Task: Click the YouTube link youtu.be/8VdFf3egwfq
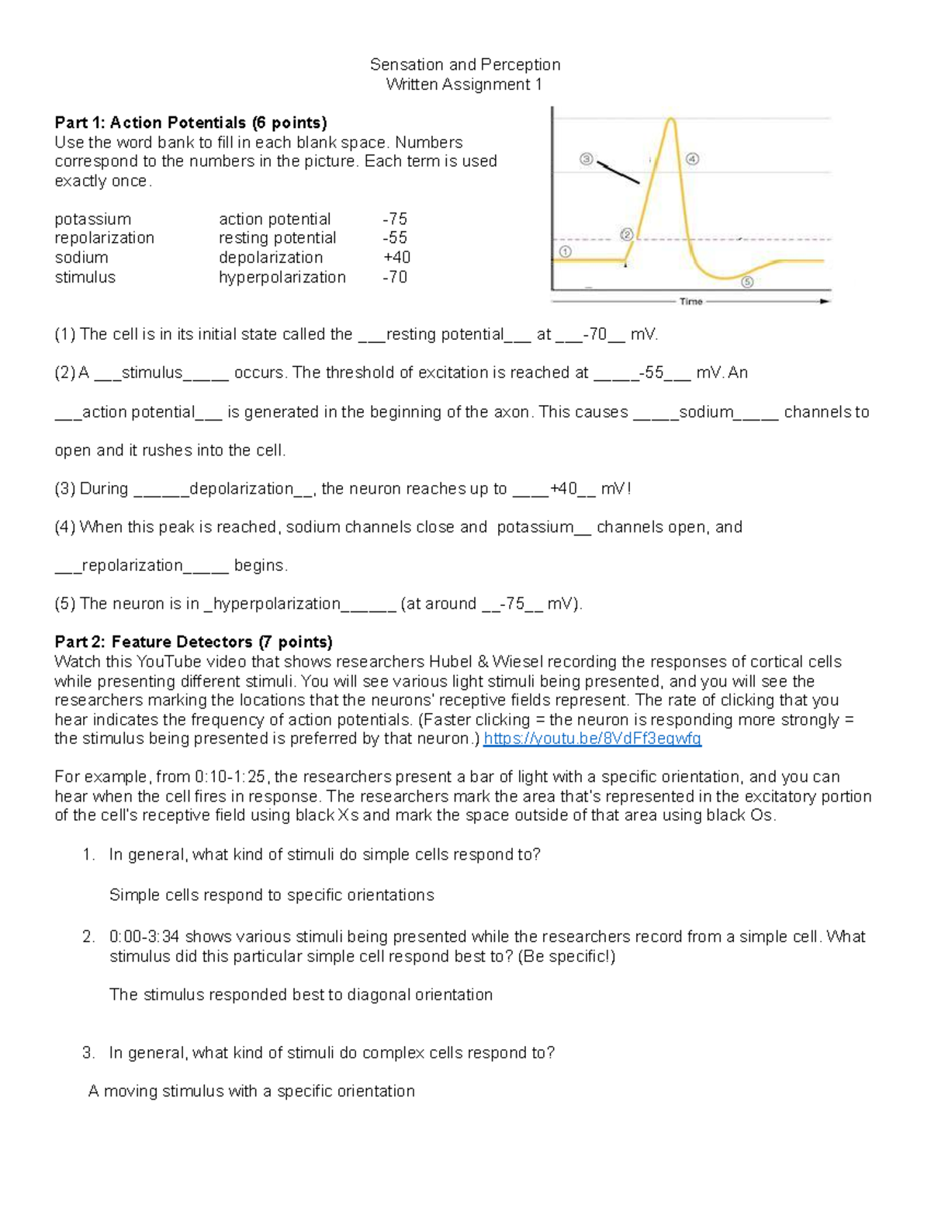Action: (592, 739)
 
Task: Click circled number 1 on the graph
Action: (565, 251)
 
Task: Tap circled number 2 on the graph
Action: (627, 234)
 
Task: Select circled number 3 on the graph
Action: (587, 159)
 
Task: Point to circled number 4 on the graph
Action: (692, 159)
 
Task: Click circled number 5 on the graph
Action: (747, 282)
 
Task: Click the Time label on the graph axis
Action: (690, 302)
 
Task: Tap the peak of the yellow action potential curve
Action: (670, 119)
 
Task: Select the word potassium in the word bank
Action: (92, 219)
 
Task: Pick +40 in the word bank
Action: (396, 258)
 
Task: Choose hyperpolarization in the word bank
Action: (282, 277)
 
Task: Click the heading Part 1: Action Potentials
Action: (190, 123)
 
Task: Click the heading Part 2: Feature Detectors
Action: (193, 642)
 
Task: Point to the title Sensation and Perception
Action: (465, 64)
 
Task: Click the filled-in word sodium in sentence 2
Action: (705, 412)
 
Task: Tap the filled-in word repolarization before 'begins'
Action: (132, 566)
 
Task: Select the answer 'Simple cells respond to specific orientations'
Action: (272, 895)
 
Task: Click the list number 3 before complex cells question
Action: (88, 1053)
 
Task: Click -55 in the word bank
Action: (395, 238)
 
